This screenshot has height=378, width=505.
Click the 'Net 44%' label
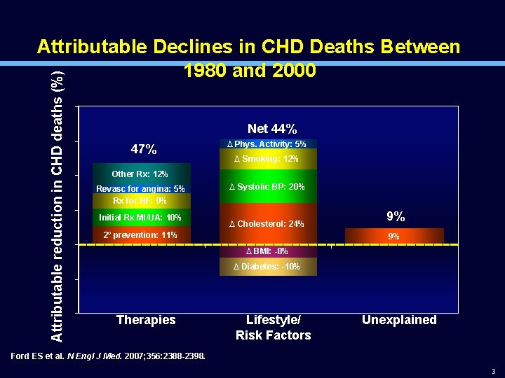[272, 129]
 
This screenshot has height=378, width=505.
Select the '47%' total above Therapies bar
[144, 150]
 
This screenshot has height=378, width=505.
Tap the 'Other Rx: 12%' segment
[140, 174]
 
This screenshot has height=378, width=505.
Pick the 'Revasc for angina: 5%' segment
[140, 189]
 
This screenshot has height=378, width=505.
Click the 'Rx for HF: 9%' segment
[140, 201]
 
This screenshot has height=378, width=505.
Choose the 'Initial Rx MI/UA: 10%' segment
[140, 218]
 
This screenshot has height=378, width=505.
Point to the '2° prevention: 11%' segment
[140, 235]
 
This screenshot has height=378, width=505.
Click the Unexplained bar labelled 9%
[394, 237]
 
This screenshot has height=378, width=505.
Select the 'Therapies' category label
[146, 320]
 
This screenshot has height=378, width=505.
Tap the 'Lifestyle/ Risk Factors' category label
[273, 328]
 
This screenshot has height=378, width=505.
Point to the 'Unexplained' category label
[399, 320]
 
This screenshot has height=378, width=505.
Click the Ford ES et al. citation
[109, 356]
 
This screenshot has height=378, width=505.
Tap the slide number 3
[493, 371]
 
